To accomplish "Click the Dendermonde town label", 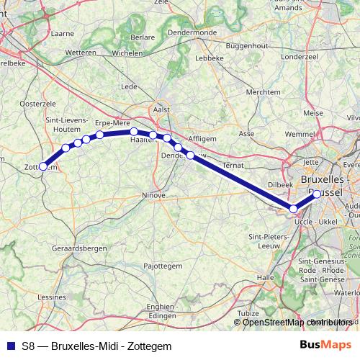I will coord(192,32).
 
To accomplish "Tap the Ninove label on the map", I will coord(153,195).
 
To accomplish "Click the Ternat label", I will coord(235,166).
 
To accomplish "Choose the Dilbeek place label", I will coord(280,184).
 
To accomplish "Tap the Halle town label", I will coord(266,276).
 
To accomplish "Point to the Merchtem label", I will coord(263,92).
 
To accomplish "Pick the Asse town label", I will coord(246,134).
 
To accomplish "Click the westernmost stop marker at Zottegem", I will coord(42,166).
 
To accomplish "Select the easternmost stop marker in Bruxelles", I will coord(317,194).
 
